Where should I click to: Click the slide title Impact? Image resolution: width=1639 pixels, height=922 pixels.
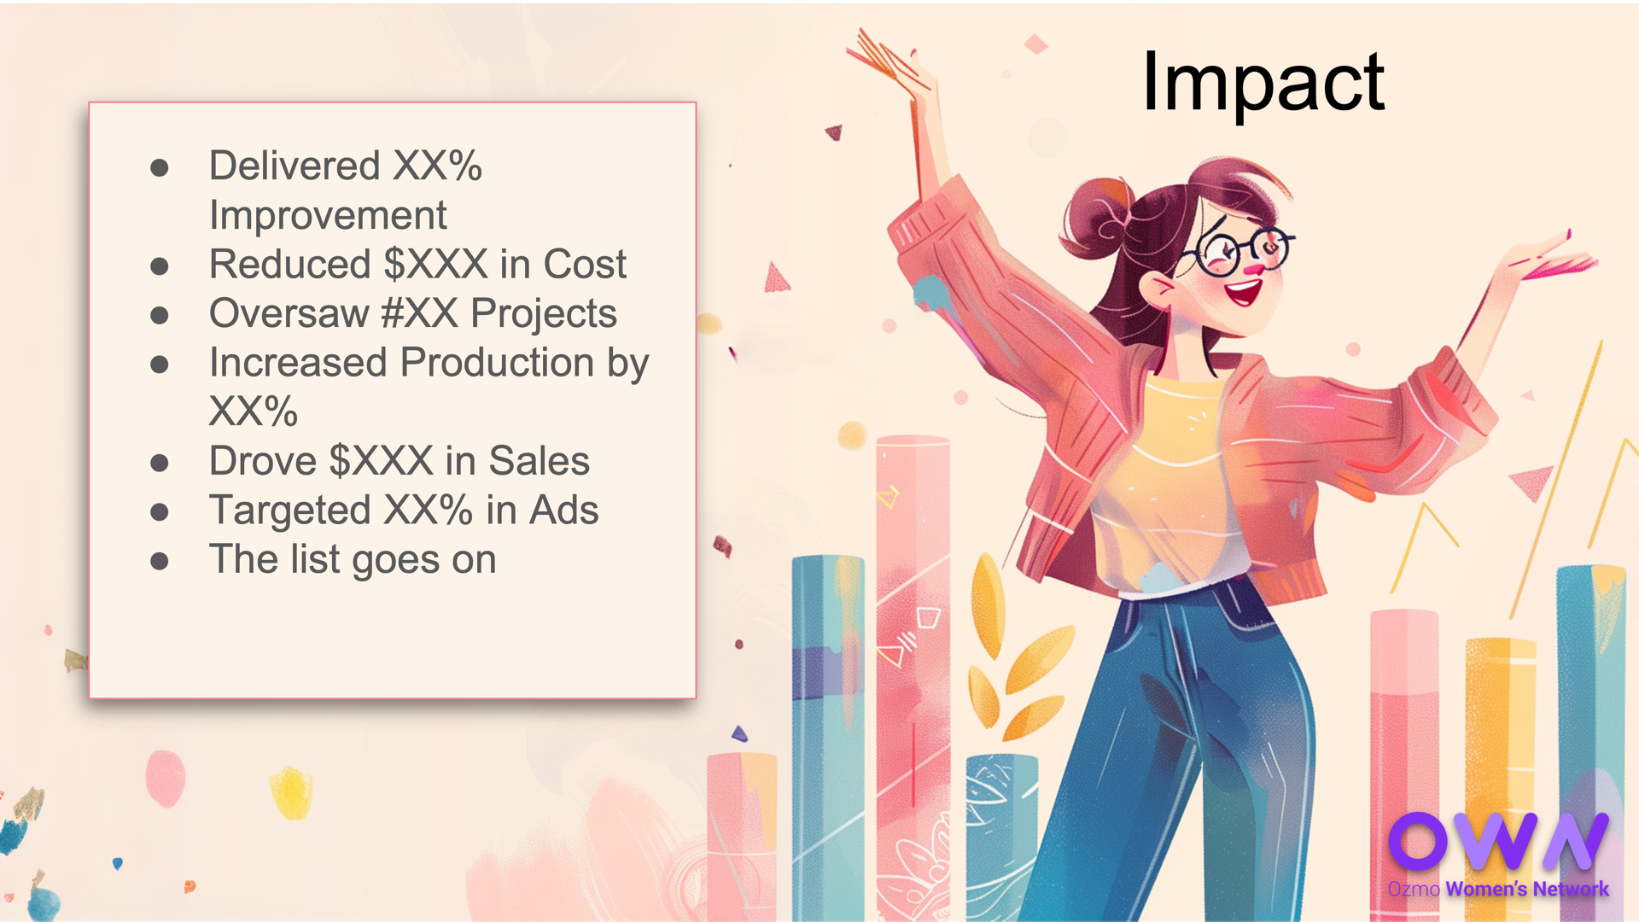point(1263,82)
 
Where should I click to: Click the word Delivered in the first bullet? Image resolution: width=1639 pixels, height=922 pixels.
point(295,166)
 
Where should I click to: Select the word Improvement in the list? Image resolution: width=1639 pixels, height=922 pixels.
point(328,215)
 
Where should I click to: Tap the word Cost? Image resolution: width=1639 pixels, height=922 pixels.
point(585,264)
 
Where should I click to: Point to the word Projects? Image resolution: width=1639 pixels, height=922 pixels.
point(544,314)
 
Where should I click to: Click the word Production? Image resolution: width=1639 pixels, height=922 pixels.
point(498,363)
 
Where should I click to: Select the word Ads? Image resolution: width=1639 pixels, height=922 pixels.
point(563,511)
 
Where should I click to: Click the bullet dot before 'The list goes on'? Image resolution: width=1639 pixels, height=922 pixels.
point(159,561)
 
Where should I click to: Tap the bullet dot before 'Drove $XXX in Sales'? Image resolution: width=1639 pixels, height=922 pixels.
point(159,463)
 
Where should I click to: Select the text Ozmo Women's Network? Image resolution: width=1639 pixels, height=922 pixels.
point(1498,889)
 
